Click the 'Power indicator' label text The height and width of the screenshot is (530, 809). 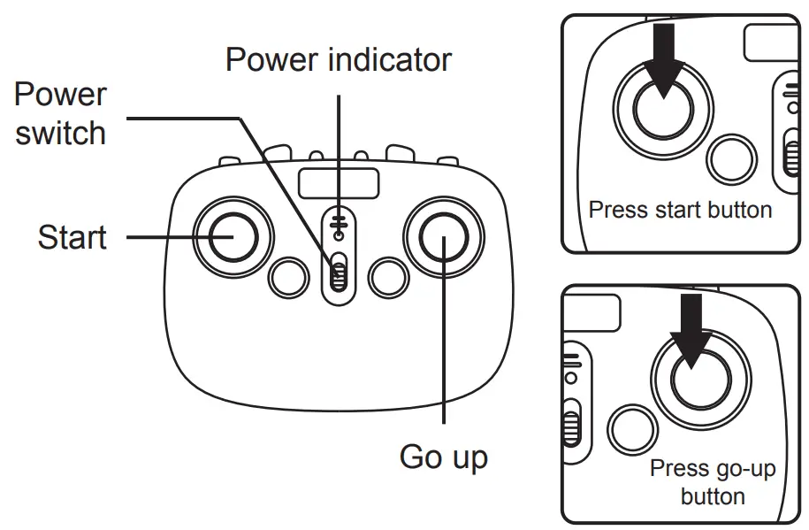click(x=338, y=60)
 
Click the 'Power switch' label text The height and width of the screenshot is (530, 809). click(x=60, y=114)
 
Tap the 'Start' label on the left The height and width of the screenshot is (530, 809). click(x=72, y=237)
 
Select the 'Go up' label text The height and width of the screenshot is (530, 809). click(x=443, y=457)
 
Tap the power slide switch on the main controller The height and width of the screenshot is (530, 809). click(x=337, y=274)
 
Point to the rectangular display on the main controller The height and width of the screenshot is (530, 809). click(x=339, y=183)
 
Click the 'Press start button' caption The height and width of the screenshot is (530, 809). click(x=680, y=211)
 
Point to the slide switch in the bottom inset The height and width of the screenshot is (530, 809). click(x=573, y=423)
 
